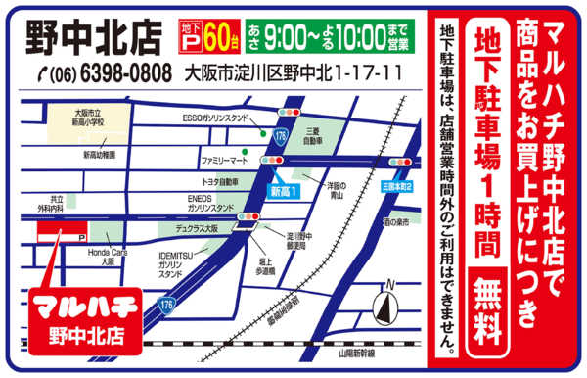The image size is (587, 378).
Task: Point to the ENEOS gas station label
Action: tap(207, 203)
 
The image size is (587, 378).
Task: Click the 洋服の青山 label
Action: tap(339, 190)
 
